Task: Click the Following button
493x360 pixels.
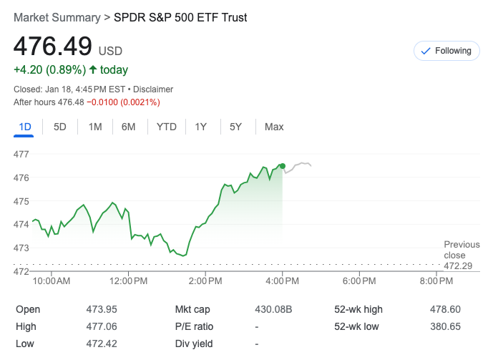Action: (446, 51)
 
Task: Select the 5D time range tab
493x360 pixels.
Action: (60, 127)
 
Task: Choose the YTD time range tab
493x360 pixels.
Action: (167, 127)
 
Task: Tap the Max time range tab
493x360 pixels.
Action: (274, 127)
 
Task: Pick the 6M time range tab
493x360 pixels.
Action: (129, 127)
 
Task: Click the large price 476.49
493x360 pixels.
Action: (53, 46)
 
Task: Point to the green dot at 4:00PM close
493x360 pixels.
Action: (283, 165)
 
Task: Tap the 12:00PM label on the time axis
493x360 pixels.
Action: (129, 281)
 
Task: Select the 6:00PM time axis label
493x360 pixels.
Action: (359, 281)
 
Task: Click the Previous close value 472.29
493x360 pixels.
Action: (461, 266)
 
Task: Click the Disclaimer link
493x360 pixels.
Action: (152, 89)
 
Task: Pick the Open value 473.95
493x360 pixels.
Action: (101, 309)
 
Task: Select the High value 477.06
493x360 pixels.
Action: (101, 326)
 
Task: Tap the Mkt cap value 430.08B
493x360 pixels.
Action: (274, 309)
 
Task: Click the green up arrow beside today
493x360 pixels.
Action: (93, 69)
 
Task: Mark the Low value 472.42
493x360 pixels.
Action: (101, 344)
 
